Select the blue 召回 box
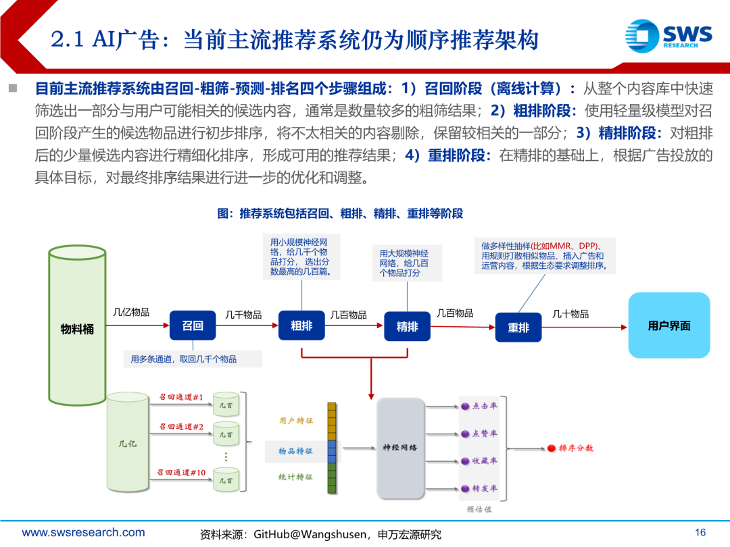[193, 325]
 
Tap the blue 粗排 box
[301, 325]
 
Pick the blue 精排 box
[407, 326]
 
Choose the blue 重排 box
[518, 328]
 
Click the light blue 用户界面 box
[669, 325]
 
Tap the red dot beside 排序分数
[552, 448]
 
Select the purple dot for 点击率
[465, 407]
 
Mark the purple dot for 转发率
[465, 488]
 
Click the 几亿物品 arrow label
[131, 313]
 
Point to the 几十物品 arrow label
[570, 314]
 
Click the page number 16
[700, 531]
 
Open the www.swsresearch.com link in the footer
[84, 532]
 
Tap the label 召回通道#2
[181, 426]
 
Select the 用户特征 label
[296, 420]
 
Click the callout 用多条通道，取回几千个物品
[184, 359]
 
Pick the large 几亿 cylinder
[128, 443]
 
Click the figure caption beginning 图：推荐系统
[340, 213]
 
